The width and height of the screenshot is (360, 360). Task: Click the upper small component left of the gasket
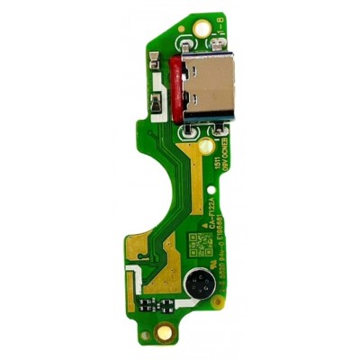click(x=161, y=76)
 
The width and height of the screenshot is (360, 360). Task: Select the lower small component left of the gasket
click(x=161, y=106)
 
